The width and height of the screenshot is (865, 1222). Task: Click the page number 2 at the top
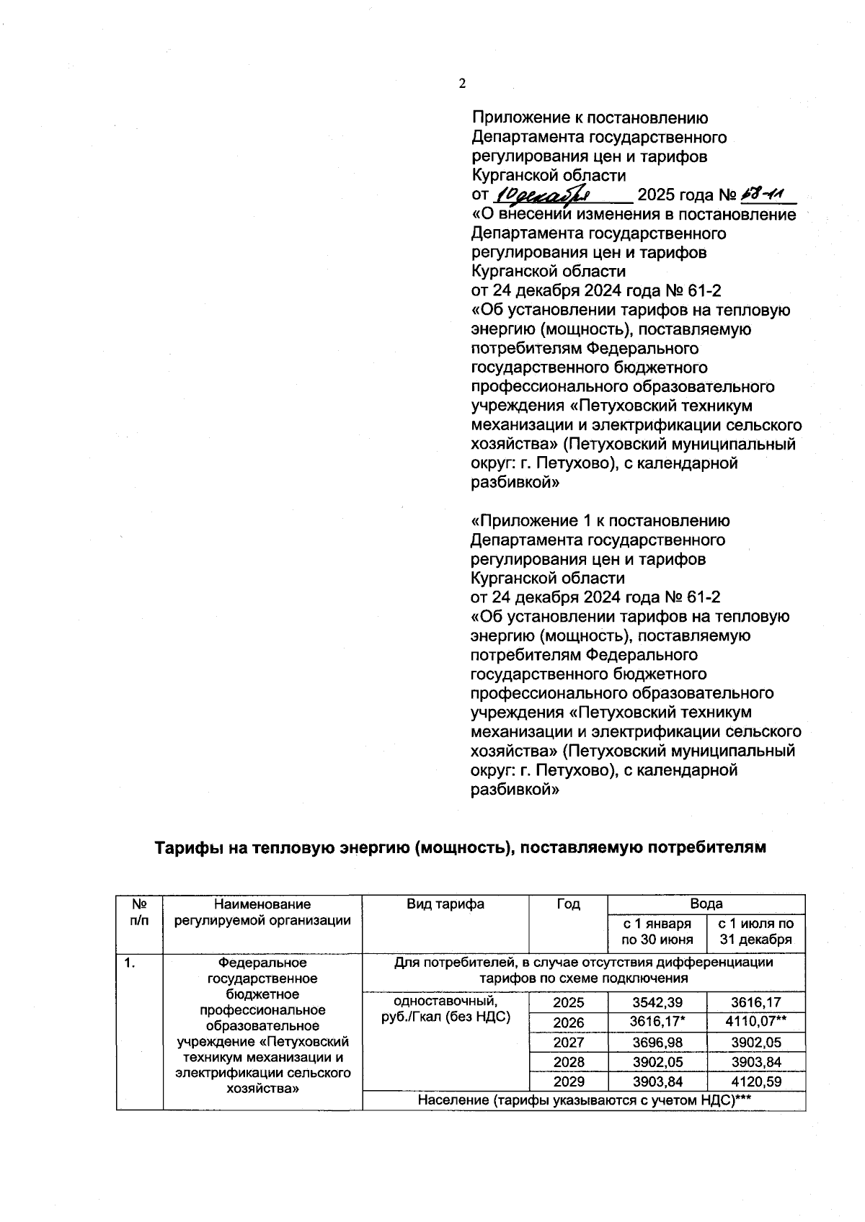coord(462,84)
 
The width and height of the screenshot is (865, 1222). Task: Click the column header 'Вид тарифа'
coord(445,904)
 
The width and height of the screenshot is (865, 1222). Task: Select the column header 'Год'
coord(568,904)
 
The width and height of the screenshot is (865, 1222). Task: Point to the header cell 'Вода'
coord(706,904)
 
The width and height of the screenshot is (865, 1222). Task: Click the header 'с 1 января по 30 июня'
coord(657,931)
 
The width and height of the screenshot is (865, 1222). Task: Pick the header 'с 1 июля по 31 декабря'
coord(755,931)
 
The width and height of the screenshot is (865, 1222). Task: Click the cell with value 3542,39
coord(657,1002)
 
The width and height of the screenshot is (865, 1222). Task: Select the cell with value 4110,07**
coord(755,1022)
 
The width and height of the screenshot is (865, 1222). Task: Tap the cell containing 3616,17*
coord(657,1022)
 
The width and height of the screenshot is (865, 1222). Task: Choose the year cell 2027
coord(568,1042)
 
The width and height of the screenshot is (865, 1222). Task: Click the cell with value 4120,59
coord(755,1081)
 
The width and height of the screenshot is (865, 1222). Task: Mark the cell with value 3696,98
coord(657,1042)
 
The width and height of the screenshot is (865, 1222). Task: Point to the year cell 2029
coord(568,1081)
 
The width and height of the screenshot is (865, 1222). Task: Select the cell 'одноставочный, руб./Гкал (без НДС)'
coord(445,1009)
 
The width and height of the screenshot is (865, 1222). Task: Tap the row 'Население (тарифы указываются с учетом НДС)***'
coord(583,1100)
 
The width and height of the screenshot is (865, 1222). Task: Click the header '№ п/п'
coord(140,912)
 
